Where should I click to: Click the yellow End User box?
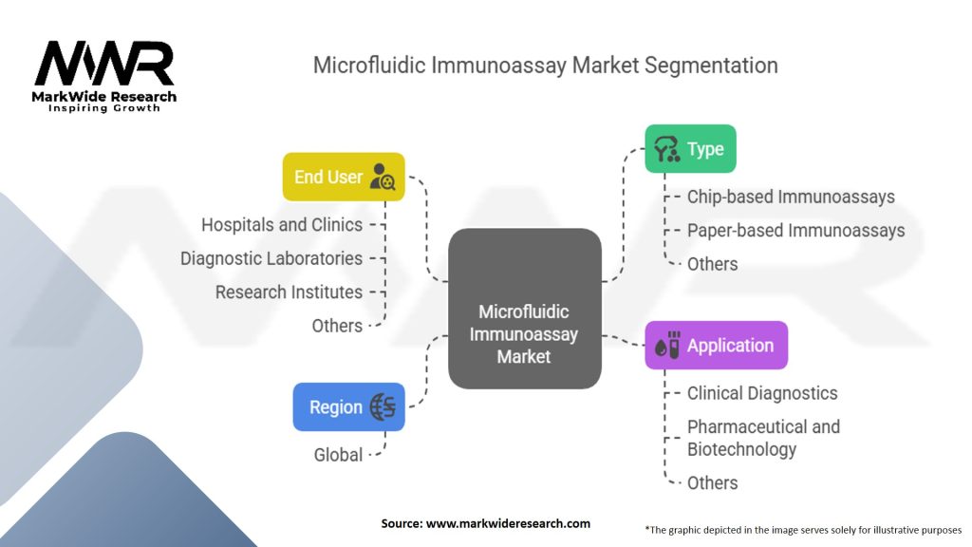(x=344, y=177)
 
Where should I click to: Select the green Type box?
(x=691, y=149)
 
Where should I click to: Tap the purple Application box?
(x=716, y=346)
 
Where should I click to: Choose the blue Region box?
(x=348, y=406)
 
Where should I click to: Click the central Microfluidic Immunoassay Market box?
(x=524, y=309)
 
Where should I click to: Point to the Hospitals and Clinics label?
(x=282, y=224)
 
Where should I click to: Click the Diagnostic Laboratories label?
(x=271, y=258)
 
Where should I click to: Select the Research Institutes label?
(x=289, y=292)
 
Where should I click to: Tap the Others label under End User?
(x=337, y=326)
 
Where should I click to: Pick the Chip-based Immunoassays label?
(x=791, y=197)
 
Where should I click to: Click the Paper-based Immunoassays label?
(x=796, y=230)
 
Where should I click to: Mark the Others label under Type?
(x=712, y=264)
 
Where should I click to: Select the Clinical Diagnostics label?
(x=762, y=393)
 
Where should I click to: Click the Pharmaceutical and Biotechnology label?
(x=764, y=438)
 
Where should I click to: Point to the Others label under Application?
(x=712, y=483)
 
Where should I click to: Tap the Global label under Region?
(x=338, y=455)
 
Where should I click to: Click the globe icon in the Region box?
(x=383, y=406)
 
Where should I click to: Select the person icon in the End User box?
(x=383, y=177)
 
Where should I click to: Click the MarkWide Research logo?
(x=104, y=76)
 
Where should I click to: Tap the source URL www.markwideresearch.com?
(x=508, y=523)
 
